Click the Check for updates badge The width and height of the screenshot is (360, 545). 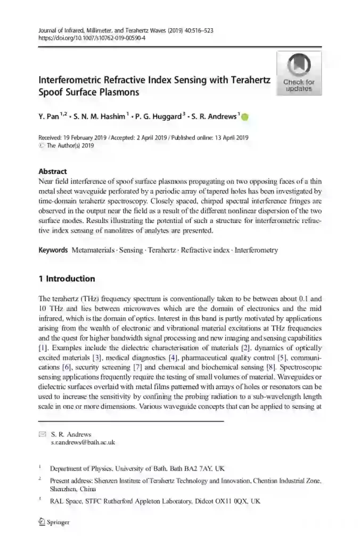[299, 73]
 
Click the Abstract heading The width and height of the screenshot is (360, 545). [53, 171]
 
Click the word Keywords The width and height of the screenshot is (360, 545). [53, 250]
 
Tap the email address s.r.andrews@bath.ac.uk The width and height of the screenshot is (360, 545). [83, 442]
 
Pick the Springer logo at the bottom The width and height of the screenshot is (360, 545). [54, 522]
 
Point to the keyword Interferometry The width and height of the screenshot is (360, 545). [256, 250]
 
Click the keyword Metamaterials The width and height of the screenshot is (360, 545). [93, 250]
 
